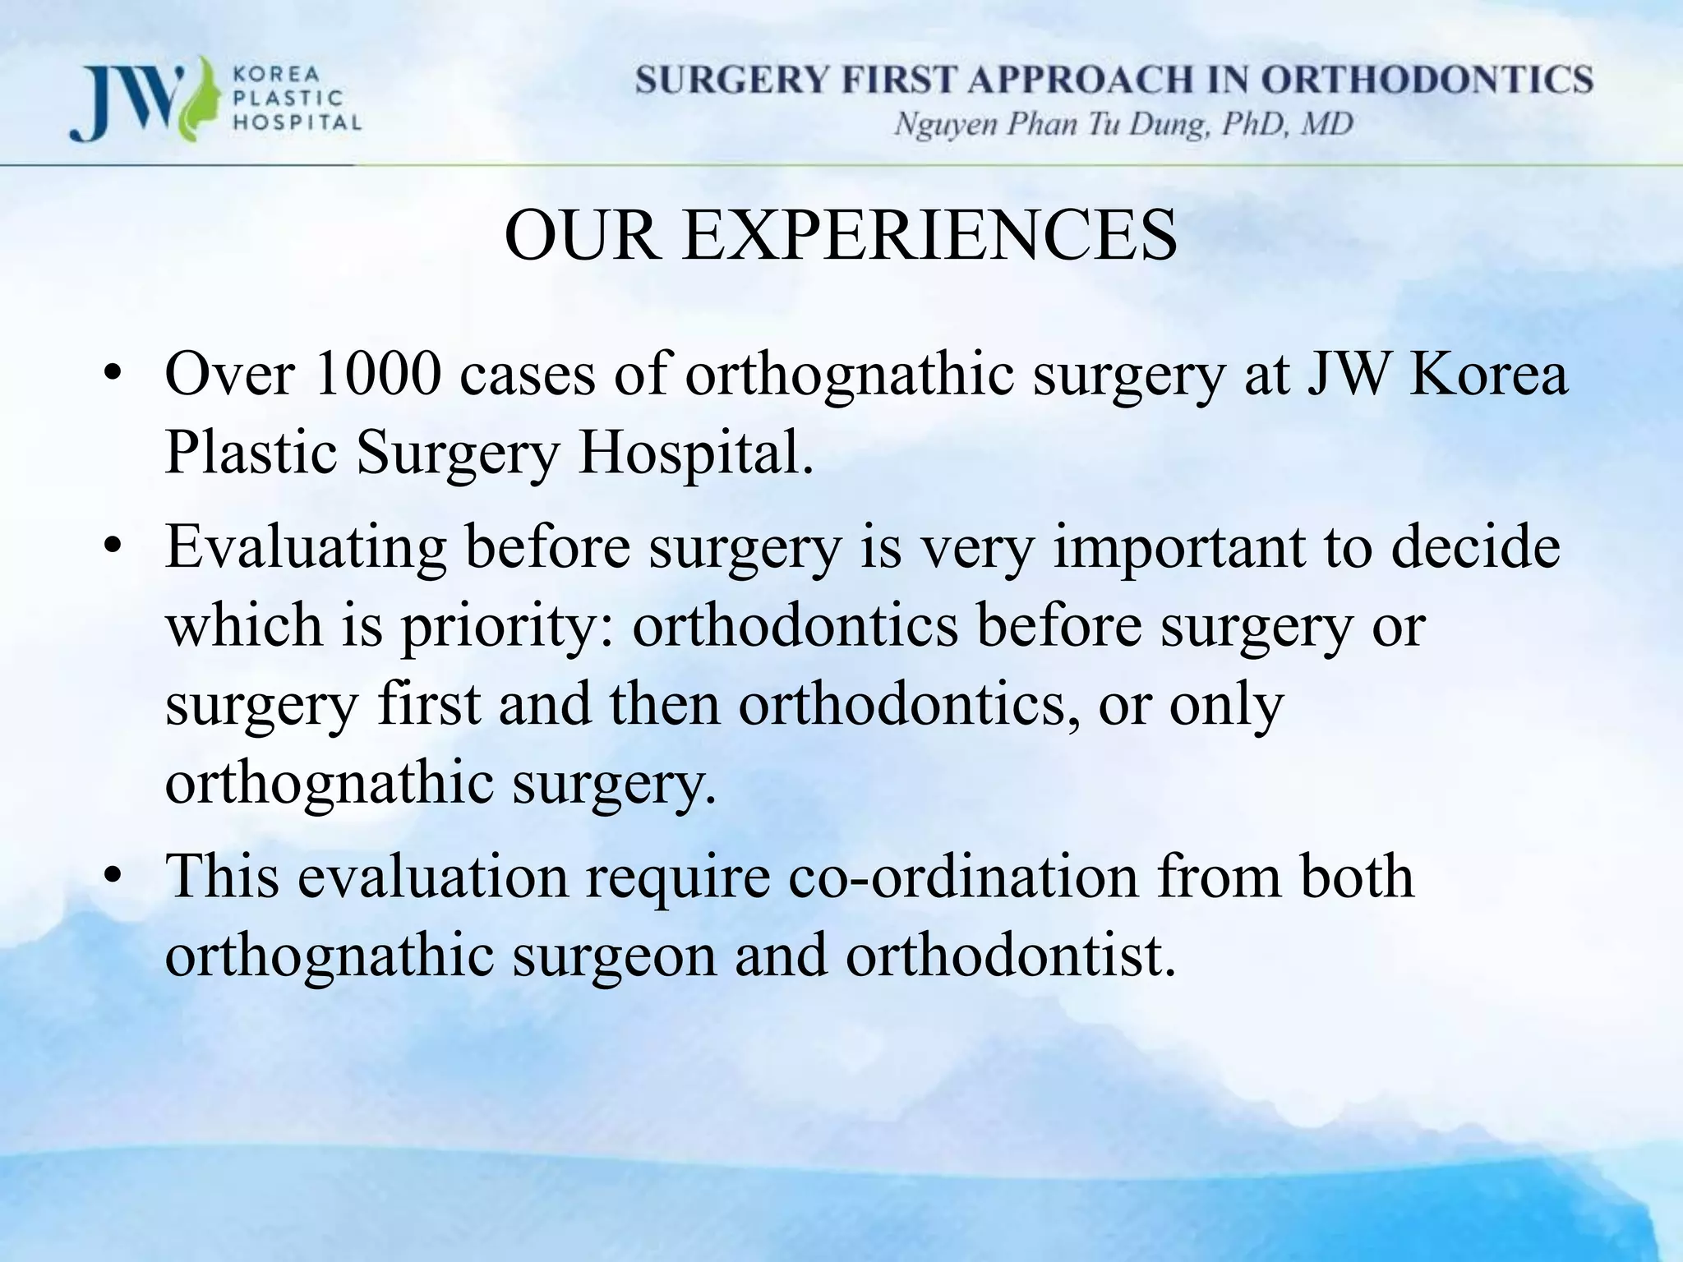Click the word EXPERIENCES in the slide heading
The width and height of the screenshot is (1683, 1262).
tap(929, 237)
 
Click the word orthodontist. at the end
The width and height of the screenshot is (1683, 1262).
tap(1011, 955)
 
